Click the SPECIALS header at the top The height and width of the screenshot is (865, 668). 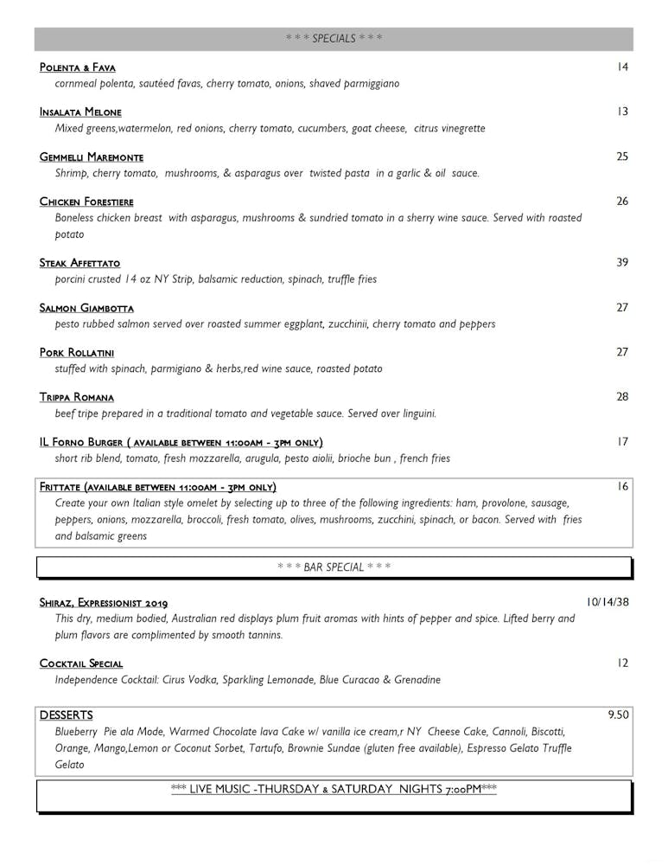334,38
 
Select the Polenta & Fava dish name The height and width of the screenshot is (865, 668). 78,67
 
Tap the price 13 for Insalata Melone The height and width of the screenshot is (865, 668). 622,112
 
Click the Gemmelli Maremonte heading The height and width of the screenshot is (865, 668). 92,157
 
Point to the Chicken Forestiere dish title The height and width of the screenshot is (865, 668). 86,202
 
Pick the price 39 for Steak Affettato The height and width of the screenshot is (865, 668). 622,262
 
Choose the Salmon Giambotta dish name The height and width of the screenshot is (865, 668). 86,308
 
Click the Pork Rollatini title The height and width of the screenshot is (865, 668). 77,353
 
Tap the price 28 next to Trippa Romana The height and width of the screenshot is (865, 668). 622,397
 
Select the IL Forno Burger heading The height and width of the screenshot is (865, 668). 181,442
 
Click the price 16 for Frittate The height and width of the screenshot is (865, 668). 622,486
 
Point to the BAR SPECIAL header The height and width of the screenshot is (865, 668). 334,567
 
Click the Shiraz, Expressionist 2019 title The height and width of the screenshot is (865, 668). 104,603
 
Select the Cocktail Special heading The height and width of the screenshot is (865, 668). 81,663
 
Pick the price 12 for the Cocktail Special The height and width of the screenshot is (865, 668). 622,663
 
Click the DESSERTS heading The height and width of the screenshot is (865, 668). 67,715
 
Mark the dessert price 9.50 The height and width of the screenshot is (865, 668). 618,714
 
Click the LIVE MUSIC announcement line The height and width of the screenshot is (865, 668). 334,789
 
